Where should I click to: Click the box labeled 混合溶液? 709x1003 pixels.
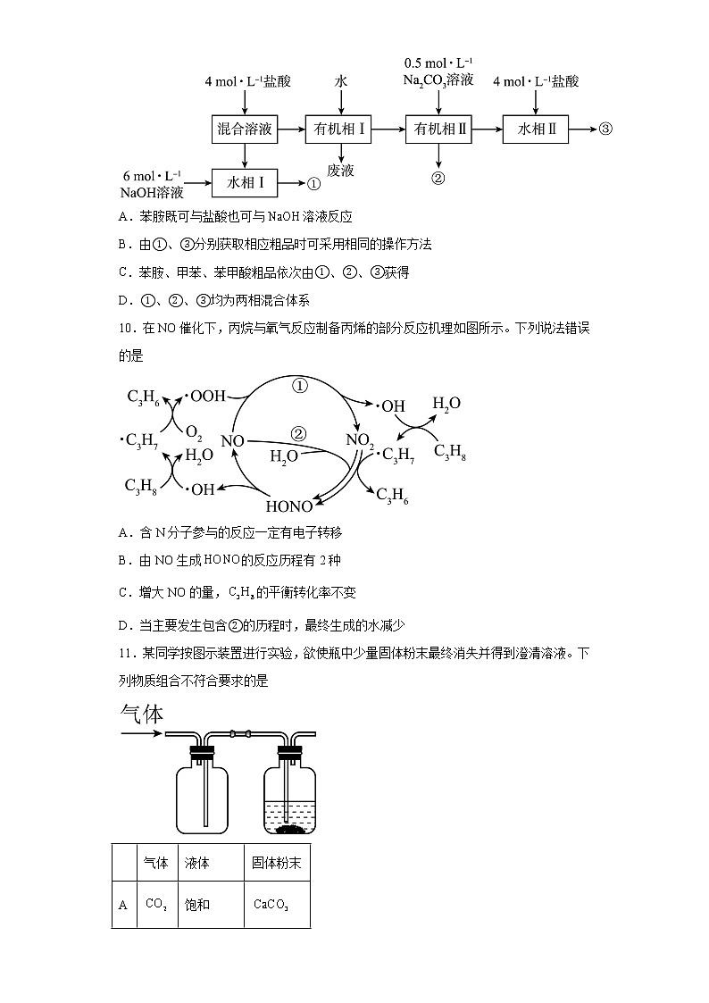pos(244,130)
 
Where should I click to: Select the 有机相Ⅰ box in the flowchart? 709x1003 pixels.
pos(340,130)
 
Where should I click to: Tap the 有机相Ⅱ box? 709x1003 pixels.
pos(438,130)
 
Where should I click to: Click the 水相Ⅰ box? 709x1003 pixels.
pos(244,183)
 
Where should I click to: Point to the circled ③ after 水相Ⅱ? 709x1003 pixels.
pos(605,130)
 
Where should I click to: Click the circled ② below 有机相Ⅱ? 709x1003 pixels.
pos(438,177)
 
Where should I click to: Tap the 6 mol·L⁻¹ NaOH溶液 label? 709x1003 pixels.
pos(152,183)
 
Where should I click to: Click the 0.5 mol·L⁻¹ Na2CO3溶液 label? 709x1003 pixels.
pos(438,71)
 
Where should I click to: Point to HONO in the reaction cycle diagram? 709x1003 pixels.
pos(290,505)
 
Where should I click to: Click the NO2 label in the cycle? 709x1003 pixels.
pos(361,440)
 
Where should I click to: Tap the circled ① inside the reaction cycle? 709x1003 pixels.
pos(301,387)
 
